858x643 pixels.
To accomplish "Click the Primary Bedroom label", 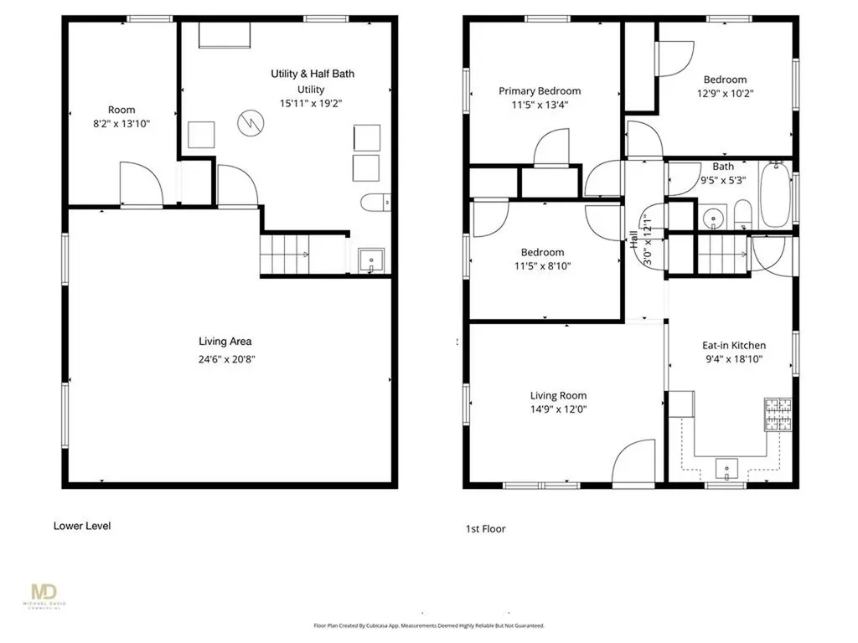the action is [540, 90].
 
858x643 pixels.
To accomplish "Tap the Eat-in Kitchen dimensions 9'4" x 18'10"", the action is [734, 359].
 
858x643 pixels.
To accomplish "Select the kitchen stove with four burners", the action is [778, 414].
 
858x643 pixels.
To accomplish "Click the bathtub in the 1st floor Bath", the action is [775, 194].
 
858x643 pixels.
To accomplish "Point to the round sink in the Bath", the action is [713, 218].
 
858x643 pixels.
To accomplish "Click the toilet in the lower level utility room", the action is [375, 203].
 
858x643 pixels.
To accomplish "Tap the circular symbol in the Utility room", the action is [251, 123].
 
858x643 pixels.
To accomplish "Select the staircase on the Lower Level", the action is [284, 255].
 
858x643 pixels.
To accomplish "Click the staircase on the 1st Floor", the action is [722, 255].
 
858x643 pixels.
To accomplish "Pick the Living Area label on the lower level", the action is [225, 342].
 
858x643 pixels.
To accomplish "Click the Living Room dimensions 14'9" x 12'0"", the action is [558, 409].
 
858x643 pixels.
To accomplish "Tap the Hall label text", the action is [633, 239].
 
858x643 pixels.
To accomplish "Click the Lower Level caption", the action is [82, 526].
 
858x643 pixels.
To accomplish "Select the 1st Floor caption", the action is [485, 529].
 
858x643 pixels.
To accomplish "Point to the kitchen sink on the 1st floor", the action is [726, 469].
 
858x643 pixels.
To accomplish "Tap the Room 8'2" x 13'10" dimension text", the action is [121, 124].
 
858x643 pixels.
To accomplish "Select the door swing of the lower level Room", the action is [141, 184].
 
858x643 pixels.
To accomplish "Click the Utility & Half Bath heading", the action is [313, 74].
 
